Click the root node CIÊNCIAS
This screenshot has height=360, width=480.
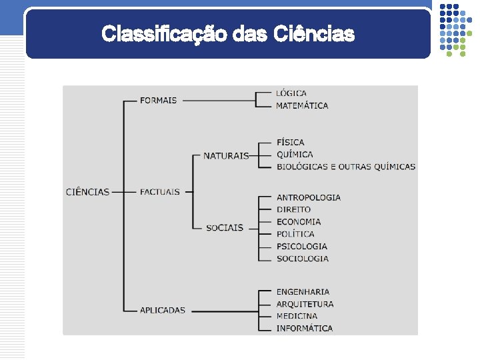[x=87, y=192]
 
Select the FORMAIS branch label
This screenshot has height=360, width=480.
[x=158, y=101]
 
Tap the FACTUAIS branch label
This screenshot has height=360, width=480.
[x=160, y=192]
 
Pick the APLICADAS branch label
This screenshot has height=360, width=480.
[x=163, y=310]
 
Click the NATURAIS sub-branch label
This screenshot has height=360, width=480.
[x=225, y=156]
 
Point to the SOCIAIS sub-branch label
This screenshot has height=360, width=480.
[x=225, y=228]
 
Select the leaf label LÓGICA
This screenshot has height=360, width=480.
[x=291, y=93]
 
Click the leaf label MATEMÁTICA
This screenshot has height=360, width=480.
[x=302, y=105]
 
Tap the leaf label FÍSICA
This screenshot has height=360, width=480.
[x=291, y=142]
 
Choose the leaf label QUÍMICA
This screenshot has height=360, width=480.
[x=295, y=155]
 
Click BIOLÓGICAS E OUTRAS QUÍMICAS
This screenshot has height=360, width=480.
[x=346, y=167]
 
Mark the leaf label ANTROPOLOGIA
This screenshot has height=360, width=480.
[x=309, y=197]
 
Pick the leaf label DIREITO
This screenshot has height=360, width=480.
[x=294, y=209]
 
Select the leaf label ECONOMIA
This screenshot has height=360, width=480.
[x=299, y=222]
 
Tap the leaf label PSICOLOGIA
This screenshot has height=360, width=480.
[x=302, y=246]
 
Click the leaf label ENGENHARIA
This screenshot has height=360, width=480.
[x=303, y=292]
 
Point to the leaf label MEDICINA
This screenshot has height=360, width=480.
[x=297, y=316]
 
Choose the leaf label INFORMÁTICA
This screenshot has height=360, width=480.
[x=305, y=328]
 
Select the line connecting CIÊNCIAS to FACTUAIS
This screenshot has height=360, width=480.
[x=125, y=192]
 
